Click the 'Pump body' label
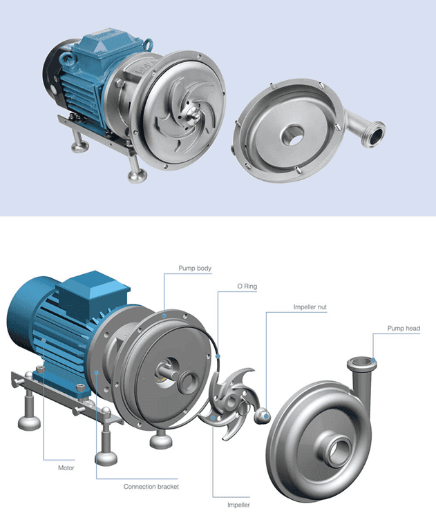[x=195, y=269]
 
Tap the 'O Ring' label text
[x=247, y=287]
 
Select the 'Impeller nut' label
[x=310, y=307]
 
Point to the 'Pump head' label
[x=404, y=329]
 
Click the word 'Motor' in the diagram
[x=66, y=468]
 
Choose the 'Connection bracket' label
[x=151, y=487]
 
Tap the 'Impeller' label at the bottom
[x=238, y=505]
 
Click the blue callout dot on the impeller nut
[x=266, y=416]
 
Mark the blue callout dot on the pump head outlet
[x=373, y=360]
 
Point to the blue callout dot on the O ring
[x=218, y=356]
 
